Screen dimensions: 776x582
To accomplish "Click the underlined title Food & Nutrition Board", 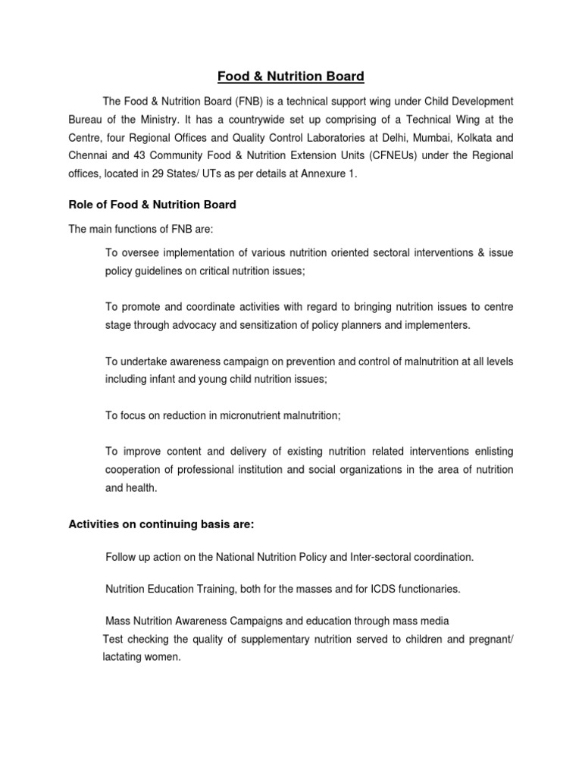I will click(291, 77).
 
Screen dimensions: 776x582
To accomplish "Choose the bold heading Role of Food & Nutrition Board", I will click(152, 205).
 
